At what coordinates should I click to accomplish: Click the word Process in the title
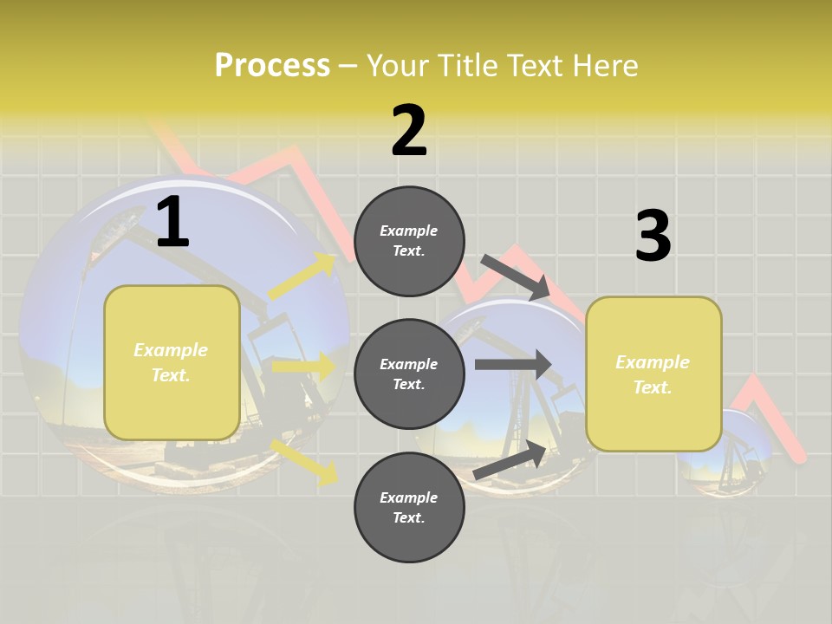pos(272,66)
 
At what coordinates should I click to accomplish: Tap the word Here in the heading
pos(604,66)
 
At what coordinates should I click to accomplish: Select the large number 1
pos(172,223)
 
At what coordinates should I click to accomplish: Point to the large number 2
pos(409,131)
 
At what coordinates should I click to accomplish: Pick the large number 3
pos(653,236)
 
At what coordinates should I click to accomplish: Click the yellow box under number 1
pos(172,362)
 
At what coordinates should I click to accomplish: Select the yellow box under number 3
pos(653,374)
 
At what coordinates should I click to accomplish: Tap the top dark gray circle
pos(409,241)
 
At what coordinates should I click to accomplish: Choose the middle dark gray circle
pos(409,374)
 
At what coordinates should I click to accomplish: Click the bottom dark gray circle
pos(409,507)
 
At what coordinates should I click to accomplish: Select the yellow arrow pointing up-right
pos(302,276)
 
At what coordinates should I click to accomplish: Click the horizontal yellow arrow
pos(303,367)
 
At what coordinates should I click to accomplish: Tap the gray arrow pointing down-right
pos(515,276)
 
